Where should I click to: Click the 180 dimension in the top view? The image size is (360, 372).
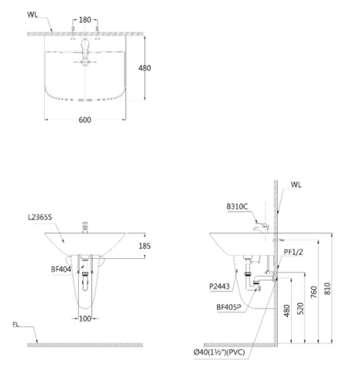(x=84, y=19)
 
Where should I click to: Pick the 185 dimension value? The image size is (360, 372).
(x=145, y=246)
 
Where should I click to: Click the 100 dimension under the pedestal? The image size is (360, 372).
(x=86, y=319)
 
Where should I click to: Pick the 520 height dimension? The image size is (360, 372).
(x=300, y=307)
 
